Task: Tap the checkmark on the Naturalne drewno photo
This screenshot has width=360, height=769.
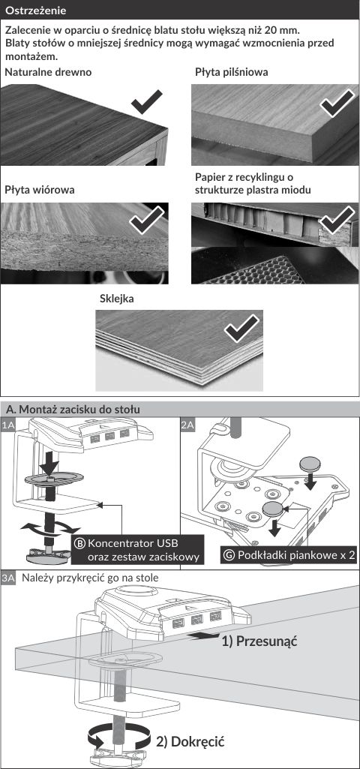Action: click(147, 101)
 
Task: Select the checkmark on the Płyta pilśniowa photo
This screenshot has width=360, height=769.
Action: click(337, 103)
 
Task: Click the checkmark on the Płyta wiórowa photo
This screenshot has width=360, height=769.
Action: click(147, 220)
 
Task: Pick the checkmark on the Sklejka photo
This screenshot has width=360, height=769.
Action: click(241, 328)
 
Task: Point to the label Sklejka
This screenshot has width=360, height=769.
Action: click(117, 299)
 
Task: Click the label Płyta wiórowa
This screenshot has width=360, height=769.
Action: click(40, 190)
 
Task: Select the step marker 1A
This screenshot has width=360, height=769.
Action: click(8, 425)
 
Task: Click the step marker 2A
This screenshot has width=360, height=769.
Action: click(188, 425)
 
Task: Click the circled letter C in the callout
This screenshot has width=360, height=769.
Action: click(229, 555)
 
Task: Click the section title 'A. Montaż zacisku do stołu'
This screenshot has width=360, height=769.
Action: click(73, 409)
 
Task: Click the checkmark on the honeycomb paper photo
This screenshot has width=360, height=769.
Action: click(337, 220)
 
